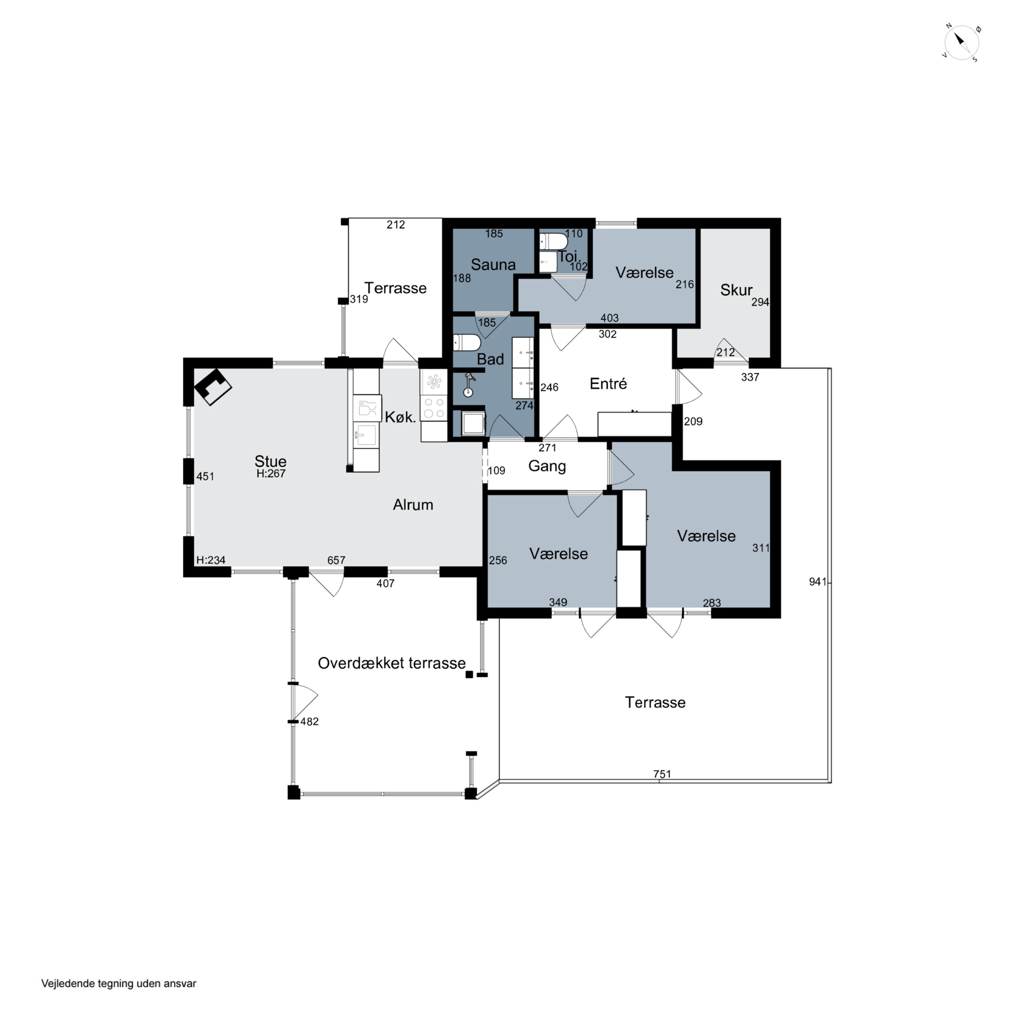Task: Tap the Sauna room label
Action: (x=493, y=265)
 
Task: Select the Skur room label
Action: (x=736, y=290)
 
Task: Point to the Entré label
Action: (x=608, y=384)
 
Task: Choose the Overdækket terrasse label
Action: (x=391, y=663)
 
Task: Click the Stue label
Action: (x=271, y=461)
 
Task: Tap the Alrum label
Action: (x=413, y=505)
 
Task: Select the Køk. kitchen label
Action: (x=400, y=417)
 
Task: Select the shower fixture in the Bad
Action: (x=469, y=384)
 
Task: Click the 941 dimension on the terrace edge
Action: (x=817, y=582)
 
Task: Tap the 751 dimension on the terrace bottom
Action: (x=662, y=774)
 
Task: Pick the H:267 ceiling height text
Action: (x=271, y=473)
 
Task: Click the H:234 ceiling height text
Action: (x=211, y=560)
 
